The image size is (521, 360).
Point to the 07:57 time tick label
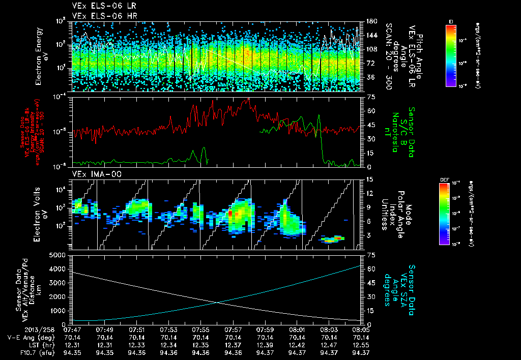coord(233,329)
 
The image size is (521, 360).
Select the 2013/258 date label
coord(19,329)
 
